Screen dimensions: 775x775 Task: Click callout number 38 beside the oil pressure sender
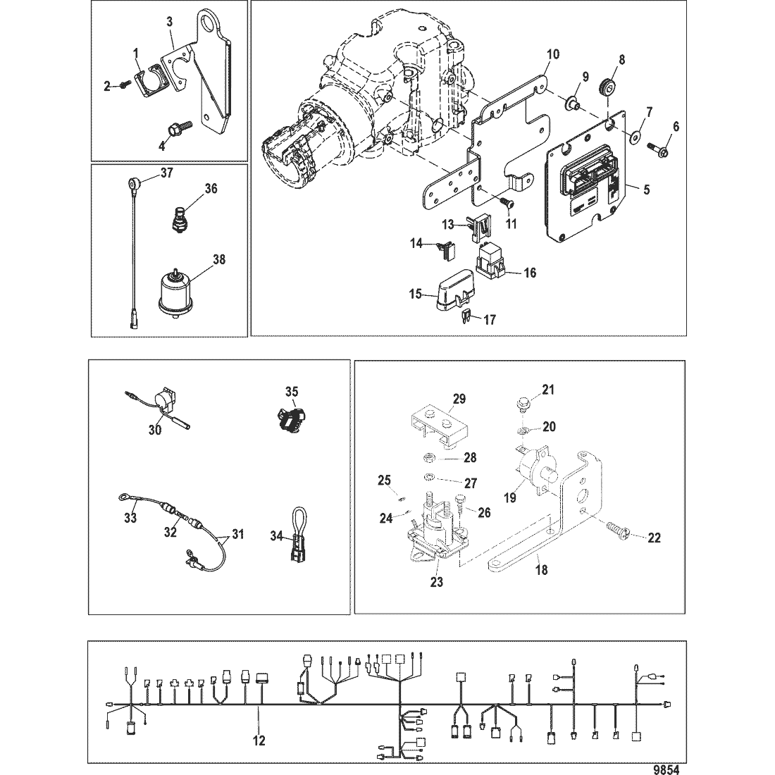(219, 259)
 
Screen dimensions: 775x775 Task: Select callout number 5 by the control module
(647, 190)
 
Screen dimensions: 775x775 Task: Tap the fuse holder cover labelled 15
(452, 296)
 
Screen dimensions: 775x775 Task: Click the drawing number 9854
(666, 769)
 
